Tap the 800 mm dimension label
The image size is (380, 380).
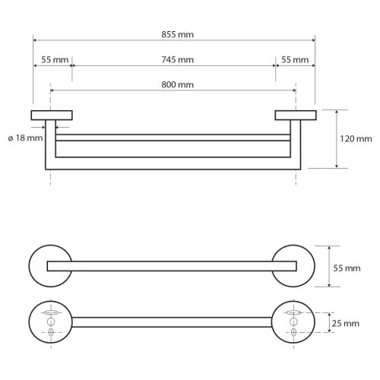pos(173,84)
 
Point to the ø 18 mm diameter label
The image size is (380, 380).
pos(25,138)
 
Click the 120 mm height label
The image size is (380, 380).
pos(356,138)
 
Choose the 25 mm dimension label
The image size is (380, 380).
pos(347,323)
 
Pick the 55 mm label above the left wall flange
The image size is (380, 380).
pos(52,59)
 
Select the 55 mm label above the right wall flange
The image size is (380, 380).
pos(295,59)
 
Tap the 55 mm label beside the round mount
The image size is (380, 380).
pos(347,267)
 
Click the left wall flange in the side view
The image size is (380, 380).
pos(52,115)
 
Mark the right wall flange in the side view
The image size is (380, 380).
pos(295,115)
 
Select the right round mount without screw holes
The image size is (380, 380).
pos(296,266)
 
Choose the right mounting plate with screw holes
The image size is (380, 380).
pos(296,322)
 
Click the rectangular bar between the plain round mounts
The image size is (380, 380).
pos(173,266)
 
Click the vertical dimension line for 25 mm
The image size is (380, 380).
pos(328,322)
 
